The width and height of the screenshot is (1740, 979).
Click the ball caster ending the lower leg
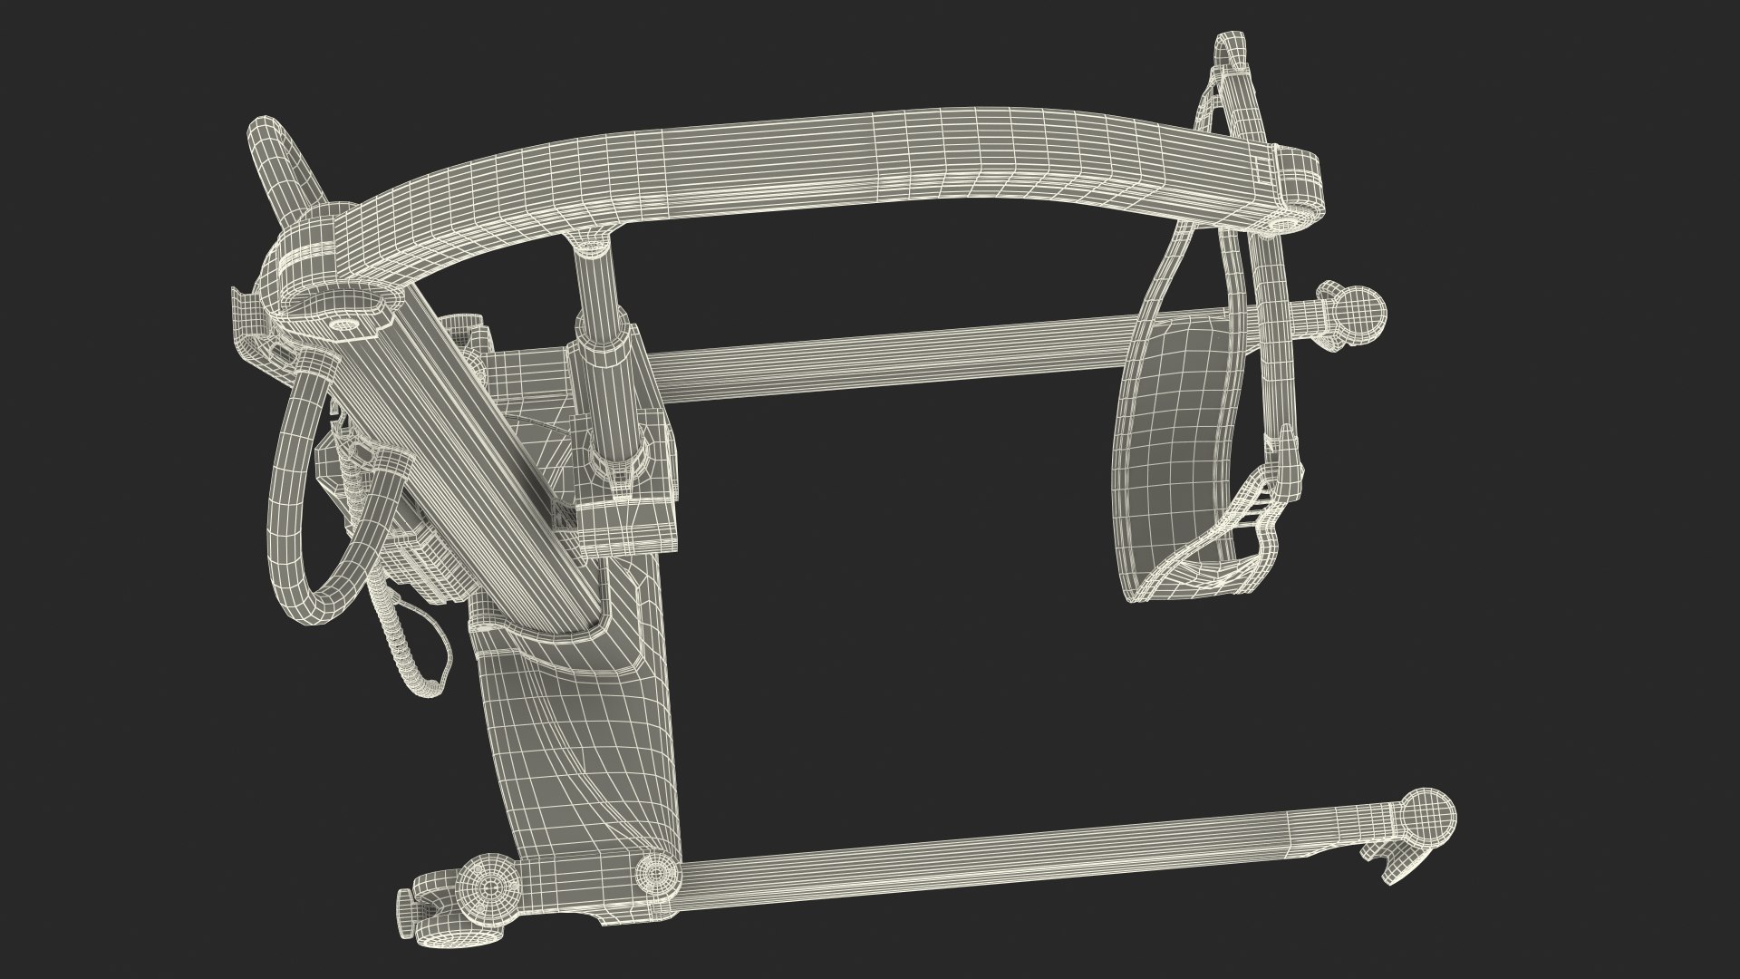[x=1426, y=815]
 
